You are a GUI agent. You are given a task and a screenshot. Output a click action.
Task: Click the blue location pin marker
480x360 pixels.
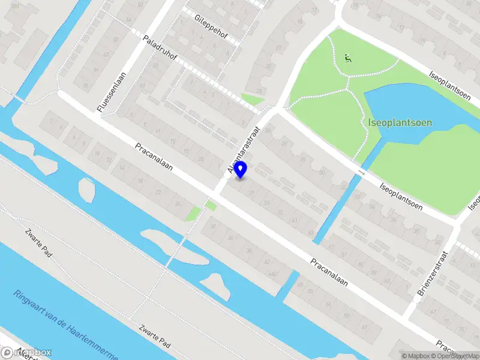[x=241, y=169]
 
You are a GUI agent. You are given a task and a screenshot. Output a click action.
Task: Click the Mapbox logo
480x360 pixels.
[x=26, y=352]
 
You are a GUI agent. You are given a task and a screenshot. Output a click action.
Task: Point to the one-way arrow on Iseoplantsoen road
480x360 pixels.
[x=361, y=173]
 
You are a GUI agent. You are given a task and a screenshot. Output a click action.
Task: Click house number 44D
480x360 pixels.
[x=274, y=274]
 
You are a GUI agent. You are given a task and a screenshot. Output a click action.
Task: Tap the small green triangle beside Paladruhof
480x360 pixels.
[x=252, y=99]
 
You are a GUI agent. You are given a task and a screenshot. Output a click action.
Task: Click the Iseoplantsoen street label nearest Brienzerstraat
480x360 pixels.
[x=401, y=196]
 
